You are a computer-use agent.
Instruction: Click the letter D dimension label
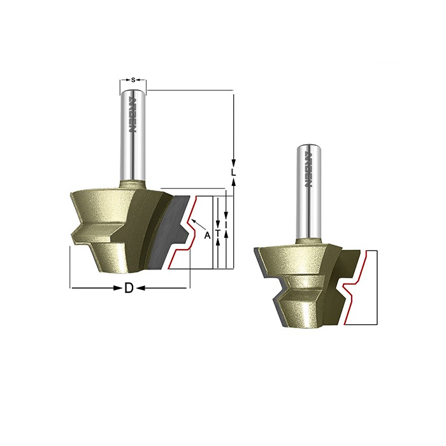tap(129, 289)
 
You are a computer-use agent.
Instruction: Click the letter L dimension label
tap(233, 173)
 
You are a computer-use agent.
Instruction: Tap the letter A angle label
tap(208, 235)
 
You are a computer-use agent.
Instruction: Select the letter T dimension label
tap(218, 233)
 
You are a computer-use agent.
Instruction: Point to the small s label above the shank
tap(133, 80)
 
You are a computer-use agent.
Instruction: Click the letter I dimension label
tap(226, 226)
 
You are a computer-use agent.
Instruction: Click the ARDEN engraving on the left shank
tap(133, 115)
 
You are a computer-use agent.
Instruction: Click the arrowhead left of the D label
tap(118, 289)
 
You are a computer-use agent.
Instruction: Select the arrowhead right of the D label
tap(141, 289)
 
